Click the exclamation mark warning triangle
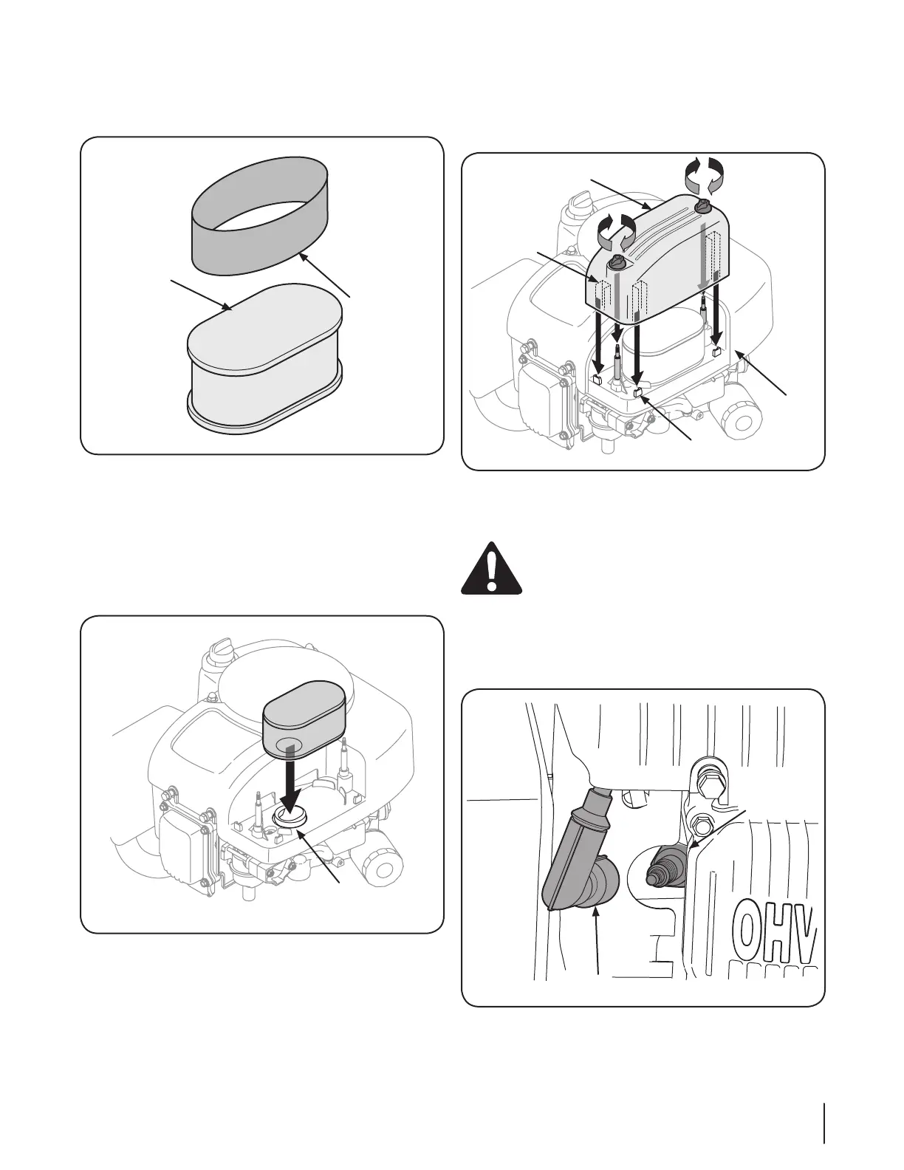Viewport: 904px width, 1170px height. click(x=491, y=569)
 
